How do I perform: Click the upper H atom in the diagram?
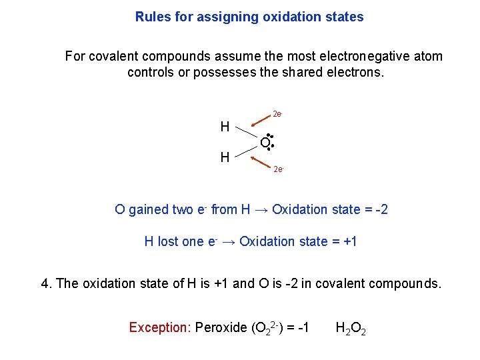(x=225, y=127)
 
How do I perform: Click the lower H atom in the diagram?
(x=225, y=157)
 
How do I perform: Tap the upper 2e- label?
(x=279, y=115)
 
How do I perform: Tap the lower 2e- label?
(x=279, y=169)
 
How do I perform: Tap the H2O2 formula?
(x=351, y=328)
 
